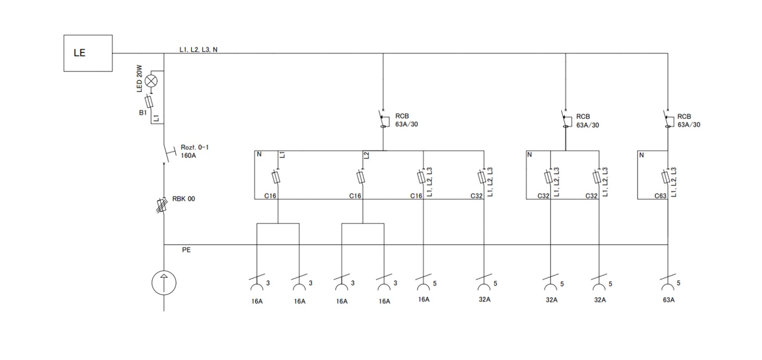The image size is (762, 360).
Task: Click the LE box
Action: [88, 53]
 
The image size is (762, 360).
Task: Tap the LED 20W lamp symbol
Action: [151, 81]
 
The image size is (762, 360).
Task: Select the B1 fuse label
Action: [143, 113]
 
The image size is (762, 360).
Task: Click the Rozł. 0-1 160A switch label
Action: [194, 151]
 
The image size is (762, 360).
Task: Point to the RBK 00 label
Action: [183, 199]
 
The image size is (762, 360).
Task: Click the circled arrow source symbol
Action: [164, 283]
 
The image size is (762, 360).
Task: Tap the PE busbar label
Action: [186, 250]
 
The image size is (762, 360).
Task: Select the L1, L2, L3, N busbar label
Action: [198, 50]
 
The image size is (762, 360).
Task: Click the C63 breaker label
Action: [660, 196]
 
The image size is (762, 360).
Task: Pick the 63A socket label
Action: [669, 300]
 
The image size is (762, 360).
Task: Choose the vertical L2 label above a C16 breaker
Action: [367, 155]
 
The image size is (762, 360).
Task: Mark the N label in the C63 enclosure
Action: [642, 155]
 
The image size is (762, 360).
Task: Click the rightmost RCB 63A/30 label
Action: [688, 121]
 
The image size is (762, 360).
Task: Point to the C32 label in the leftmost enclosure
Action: [477, 196]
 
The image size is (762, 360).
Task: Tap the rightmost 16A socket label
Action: [424, 299]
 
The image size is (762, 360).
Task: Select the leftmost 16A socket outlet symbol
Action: [257, 283]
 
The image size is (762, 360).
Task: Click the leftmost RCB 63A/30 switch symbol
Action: [383, 119]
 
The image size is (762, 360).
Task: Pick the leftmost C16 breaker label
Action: [270, 196]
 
